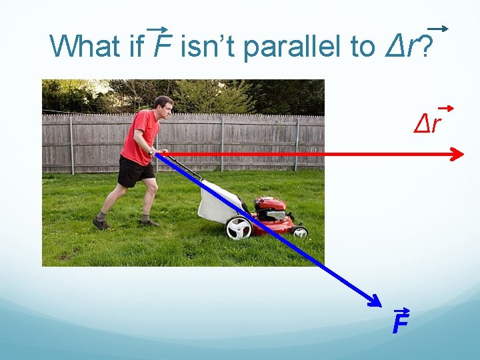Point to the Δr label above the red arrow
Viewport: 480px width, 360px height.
pyautogui.click(x=427, y=122)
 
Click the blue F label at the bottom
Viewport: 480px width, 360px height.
pyautogui.click(x=399, y=323)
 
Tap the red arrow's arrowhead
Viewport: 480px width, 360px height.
pyautogui.click(x=457, y=155)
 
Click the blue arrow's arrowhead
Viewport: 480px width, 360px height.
pyautogui.click(x=377, y=302)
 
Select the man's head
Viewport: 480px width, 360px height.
pyautogui.click(x=163, y=105)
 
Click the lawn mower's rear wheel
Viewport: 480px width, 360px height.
pyautogui.click(x=238, y=228)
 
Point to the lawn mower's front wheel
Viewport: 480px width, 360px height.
pyautogui.click(x=300, y=231)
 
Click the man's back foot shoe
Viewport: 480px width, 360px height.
pyautogui.click(x=101, y=223)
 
